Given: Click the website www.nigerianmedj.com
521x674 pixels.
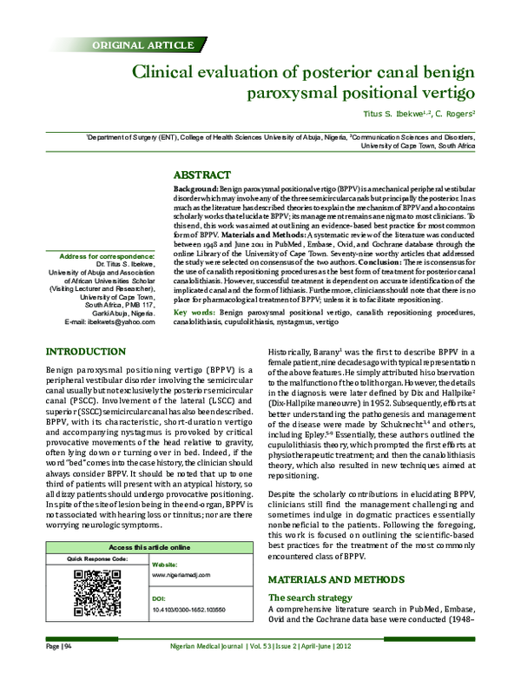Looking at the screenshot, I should tap(182, 576).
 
